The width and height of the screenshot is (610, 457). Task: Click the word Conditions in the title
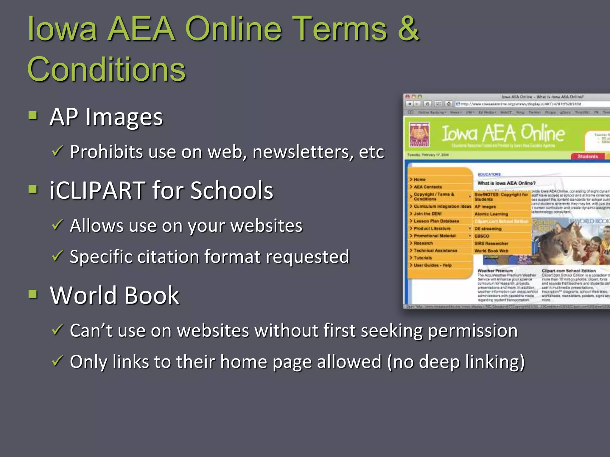pos(106,69)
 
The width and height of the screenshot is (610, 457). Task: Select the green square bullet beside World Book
pos(33,294)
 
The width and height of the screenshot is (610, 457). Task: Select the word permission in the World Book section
pos(473,331)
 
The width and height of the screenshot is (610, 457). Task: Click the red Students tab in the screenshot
pos(587,156)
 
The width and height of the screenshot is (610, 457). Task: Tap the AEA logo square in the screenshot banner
pos(419,134)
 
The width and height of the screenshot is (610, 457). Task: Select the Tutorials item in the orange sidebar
pos(423,258)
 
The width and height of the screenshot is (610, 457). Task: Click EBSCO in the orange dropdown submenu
pos(482,236)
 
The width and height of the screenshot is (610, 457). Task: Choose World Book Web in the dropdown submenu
pos(491,251)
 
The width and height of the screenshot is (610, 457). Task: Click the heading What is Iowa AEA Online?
pos(506,183)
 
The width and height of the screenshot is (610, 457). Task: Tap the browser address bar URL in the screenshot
pos(521,104)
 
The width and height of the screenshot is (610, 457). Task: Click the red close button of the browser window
pos(407,97)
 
